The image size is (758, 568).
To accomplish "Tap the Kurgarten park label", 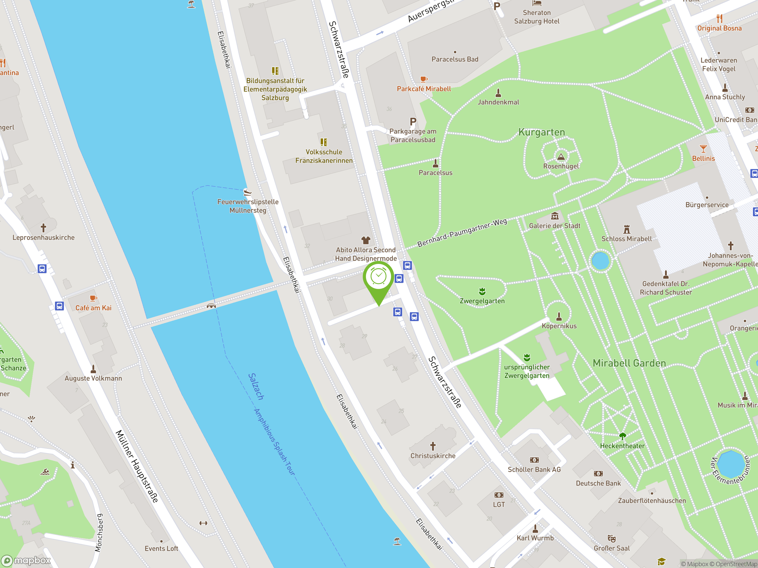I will click(x=542, y=132).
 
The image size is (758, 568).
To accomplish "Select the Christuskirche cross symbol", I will click(x=433, y=446).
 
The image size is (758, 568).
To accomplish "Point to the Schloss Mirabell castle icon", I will click(x=627, y=229).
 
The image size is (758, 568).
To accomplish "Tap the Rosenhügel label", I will click(x=561, y=166).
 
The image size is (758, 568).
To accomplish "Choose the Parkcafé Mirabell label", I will click(x=424, y=89).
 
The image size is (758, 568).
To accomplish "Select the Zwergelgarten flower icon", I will click(x=482, y=291).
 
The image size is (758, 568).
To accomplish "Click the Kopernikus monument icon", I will click(x=559, y=316).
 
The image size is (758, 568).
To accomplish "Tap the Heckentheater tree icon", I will click(x=622, y=436).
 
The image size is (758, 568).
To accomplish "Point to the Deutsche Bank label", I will click(x=598, y=483).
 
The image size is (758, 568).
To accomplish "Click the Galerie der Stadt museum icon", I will click(x=555, y=216).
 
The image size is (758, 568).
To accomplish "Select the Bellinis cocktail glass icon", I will click(x=704, y=149).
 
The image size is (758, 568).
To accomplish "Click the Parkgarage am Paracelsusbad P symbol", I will click(x=413, y=122).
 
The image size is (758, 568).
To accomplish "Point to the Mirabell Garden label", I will click(x=629, y=363).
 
